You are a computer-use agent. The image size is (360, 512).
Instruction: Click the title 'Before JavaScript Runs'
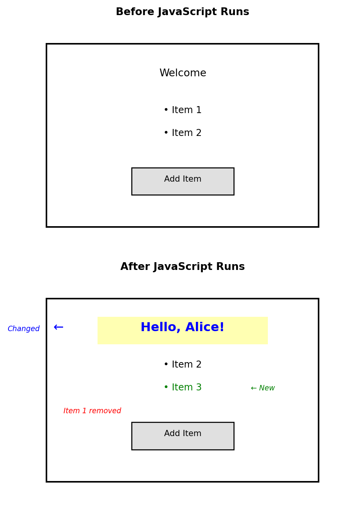click(182, 12)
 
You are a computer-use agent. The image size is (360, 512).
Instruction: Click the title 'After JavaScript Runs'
click(182, 267)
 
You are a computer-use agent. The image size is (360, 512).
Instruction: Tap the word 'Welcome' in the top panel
click(183, 73)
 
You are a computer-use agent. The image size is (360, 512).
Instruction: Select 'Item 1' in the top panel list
click(186, 110)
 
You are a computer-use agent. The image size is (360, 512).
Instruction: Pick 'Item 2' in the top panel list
click(186, 133)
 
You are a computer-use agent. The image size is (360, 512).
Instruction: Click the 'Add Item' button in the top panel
click(183, 181)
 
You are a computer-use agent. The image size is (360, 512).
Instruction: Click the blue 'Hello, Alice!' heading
click(182, 328)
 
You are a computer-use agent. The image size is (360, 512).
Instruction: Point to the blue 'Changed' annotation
click(24, 329)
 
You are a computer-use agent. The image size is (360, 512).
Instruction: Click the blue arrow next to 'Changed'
click(58, 327)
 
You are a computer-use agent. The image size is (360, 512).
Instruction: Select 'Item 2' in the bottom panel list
click(186, 365)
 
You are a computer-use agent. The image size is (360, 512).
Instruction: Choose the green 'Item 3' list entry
click(186, 388)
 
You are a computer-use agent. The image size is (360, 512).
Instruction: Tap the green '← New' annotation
click(263, 388)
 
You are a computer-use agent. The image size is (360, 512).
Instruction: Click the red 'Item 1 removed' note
click(92, 411)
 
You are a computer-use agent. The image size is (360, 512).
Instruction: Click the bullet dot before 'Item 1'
click(166, 110)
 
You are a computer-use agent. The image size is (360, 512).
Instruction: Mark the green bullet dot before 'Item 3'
click(166, 388)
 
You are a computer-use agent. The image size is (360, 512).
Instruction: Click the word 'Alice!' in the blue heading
click(205, 328)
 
